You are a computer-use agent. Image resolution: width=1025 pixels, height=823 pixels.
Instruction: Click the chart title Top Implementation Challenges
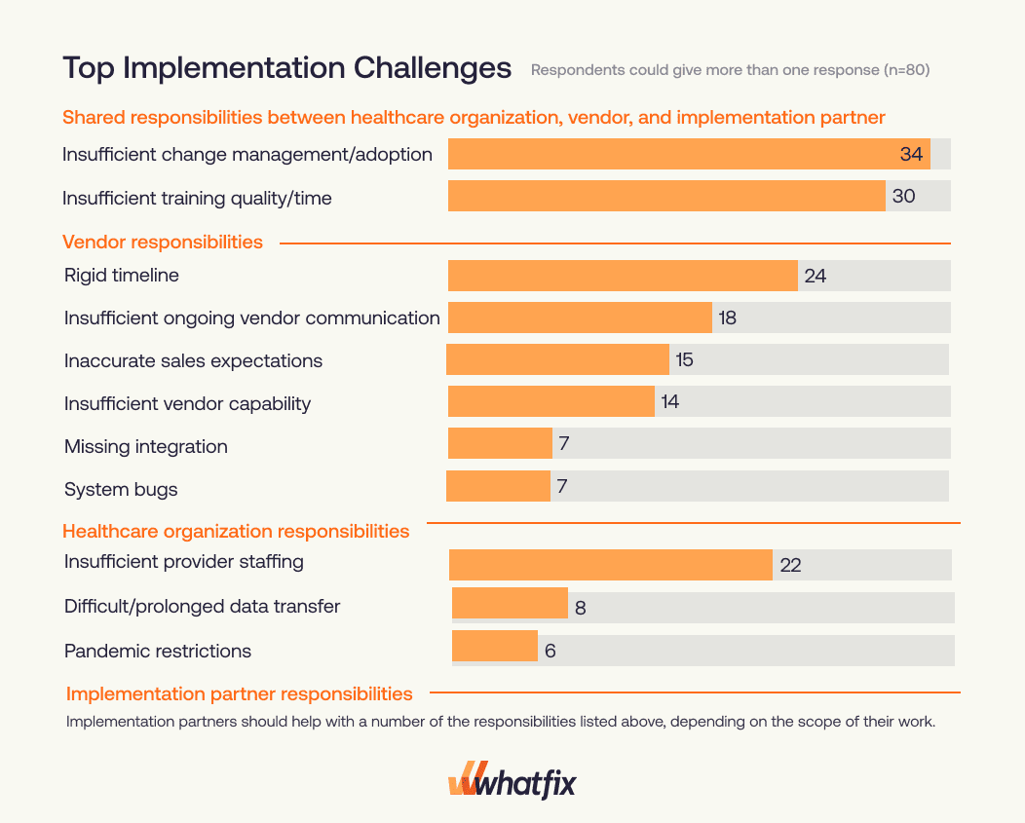tap(286, 68)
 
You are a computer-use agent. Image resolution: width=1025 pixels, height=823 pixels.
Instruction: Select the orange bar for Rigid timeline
tap(623, 276)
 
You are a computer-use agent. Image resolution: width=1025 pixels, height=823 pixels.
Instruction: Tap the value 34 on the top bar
tap(911, 154)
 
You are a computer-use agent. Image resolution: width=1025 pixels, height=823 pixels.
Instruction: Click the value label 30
tap(903, 196)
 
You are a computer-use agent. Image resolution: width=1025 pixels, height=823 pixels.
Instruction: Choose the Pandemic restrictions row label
tap(157, 651)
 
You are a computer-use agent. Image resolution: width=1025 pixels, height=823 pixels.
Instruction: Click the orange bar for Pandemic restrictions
tap(495, 647)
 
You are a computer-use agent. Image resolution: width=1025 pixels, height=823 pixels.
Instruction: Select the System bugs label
tap(121, 489)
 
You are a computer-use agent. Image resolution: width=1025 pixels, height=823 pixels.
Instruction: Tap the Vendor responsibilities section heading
tap(163, 242)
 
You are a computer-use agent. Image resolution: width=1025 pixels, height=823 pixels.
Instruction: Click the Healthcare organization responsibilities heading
tap(236, 531)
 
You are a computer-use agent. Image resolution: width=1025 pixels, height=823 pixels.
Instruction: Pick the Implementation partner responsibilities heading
tap(239, 693)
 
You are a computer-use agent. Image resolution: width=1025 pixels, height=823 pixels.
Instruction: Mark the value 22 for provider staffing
tap(790, 565)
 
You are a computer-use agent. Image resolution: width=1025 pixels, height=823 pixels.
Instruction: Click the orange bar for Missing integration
tap(500, 443)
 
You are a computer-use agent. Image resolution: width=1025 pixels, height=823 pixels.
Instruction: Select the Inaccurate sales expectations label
tap(193, 360)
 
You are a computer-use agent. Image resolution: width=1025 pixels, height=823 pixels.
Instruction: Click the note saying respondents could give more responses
tap(730, 70)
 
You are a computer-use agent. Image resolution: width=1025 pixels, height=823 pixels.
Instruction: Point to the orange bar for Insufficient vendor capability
tap(550, 400)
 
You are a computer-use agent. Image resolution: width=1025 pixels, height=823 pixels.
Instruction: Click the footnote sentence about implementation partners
tap(500, 722)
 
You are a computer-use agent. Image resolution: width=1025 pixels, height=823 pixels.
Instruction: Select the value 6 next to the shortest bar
tap(550, 651)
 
